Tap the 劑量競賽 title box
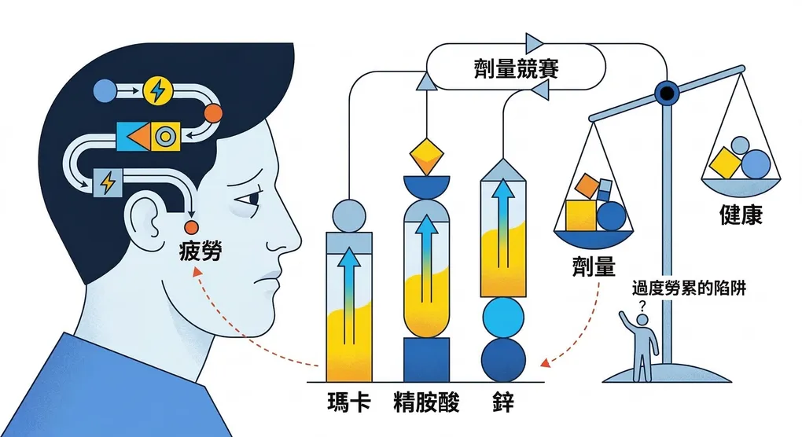coord(516,67)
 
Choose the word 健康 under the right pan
coord(741,215)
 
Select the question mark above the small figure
coord(642,307)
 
